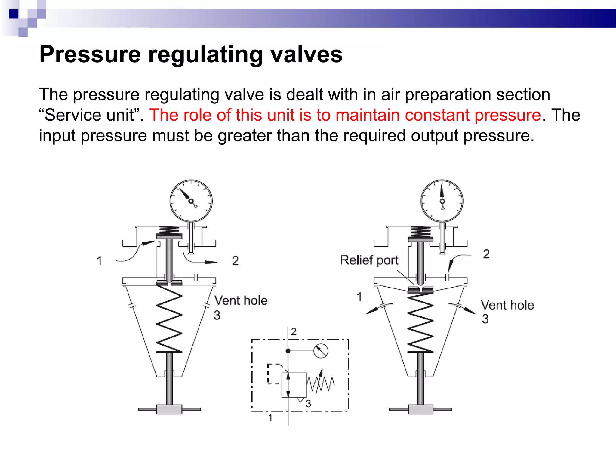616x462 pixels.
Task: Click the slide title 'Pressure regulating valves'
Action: tap(191, 54)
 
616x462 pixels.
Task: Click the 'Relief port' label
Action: tap(369, 260)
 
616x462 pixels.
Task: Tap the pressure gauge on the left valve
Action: tap(191, 201)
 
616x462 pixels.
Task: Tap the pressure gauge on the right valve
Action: tap(442, 201)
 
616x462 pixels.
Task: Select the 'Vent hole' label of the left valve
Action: tap(241, 300)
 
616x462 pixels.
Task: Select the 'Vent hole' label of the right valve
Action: tap(507, 305)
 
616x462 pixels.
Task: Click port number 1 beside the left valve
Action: tap(99, 261)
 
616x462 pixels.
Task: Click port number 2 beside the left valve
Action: tap(235, 261)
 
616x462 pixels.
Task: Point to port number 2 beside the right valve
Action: tap(486, 254)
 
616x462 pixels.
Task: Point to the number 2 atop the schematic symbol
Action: tap(294, 332)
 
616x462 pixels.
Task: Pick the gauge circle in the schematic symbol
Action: tap(321, 351)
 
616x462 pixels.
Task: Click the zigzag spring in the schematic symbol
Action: tap(320, 384)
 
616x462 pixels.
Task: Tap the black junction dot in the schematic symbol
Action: tap(288, 351)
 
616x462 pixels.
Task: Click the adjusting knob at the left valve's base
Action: tap(169, 409)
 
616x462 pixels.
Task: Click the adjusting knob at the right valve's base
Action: tap(420, 409)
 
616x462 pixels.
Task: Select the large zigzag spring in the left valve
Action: tap(169, 319)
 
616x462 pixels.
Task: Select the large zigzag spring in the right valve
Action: tap(420, 323)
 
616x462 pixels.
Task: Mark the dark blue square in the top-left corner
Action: tap(14, 14)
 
